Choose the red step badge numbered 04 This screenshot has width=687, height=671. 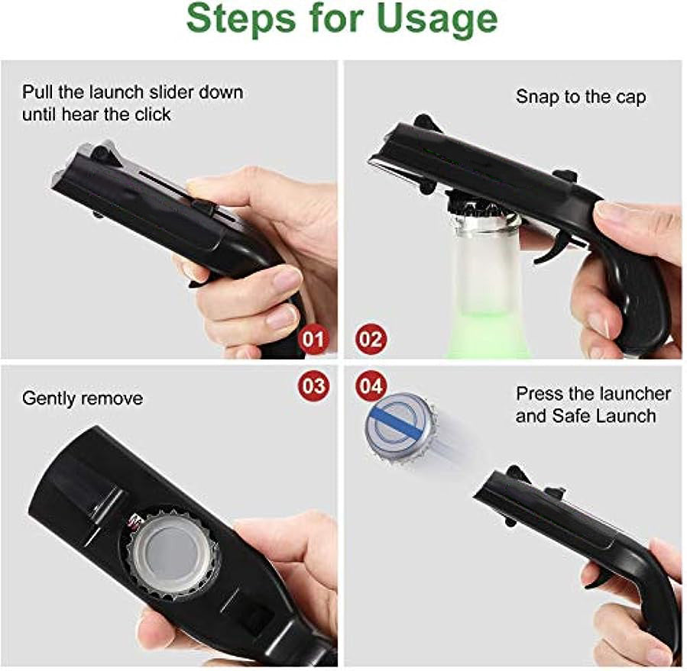371,386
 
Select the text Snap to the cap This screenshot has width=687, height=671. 580,97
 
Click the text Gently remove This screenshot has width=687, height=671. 82,398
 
